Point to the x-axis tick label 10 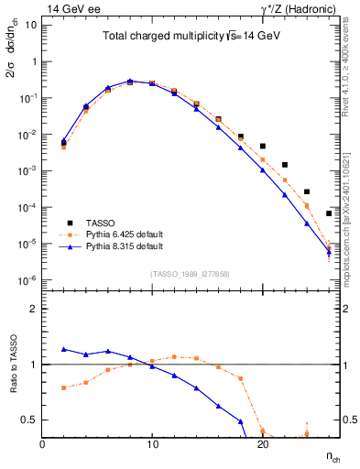[152, 444]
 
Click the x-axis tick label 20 [262, 444]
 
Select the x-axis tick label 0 [42, 444]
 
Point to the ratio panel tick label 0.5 [29, 420]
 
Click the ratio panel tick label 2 [33, 309]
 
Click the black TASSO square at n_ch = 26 [329, 213]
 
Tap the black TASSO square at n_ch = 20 [263, 146]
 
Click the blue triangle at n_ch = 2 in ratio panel [64, 349]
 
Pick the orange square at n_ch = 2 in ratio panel [64, 387]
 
